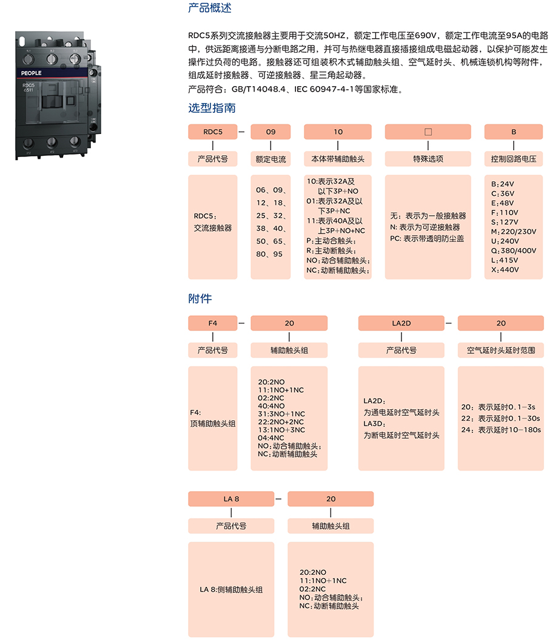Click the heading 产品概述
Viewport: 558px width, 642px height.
click(210, 8)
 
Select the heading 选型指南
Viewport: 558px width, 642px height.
click(212, 108)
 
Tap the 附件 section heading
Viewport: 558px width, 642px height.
click(200, 299)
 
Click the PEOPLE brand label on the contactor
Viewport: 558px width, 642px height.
click(32, 73)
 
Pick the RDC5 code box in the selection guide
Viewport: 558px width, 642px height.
click(213, 132)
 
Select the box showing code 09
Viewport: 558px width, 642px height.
click(271, 132)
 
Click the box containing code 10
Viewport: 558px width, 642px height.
click(338, 132)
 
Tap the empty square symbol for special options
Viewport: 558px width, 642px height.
click(428, 132)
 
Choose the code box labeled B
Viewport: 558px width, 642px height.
click(514, 132)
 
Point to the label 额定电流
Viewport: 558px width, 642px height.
click(271, 159)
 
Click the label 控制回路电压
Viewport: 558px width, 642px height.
click(514, 159)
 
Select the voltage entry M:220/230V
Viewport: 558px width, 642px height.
click(514, 232)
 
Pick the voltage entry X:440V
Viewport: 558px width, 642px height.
click(505, 270)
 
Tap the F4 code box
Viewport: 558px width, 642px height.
click(213, 323)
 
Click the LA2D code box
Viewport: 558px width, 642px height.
click(402, 323)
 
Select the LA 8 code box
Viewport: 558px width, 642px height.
click(231, 499)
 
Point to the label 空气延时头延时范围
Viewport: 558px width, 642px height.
click(501, 350)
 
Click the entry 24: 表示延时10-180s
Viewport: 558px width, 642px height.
click(501, 430)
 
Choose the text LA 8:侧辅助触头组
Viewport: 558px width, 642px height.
click(231, 590)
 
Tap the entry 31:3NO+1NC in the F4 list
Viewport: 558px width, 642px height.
click(281, 414)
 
